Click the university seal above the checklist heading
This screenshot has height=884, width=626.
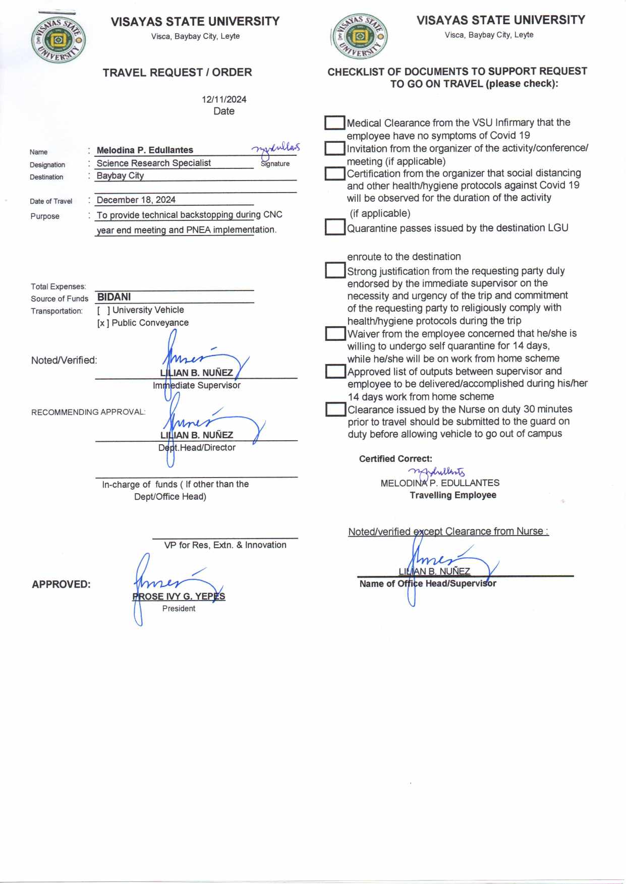tap(359, 37)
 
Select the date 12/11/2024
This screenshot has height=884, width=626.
tap(224, 99)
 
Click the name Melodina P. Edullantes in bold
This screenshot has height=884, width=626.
tap(145, 150)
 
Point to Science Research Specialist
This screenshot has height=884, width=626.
tap(153, 163)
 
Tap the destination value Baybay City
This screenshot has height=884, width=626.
tap(120, 175)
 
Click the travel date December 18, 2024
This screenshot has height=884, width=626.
tap(136, 200)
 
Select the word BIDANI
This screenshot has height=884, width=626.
tap(114, 297)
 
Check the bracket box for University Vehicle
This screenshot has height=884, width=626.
tap(103, 310)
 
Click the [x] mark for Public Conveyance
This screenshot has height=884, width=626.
tap(103, 323)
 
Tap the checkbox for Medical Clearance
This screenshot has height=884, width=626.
tap(334, 123)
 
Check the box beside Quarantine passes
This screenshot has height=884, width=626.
tap(334, 227)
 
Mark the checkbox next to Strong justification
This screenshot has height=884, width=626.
tap(334, 270)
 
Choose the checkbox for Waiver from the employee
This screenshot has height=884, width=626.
tap(334, 334)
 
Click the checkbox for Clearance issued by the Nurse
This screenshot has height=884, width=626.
tap(334, 409)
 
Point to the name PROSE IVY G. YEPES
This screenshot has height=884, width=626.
tap(179, 597)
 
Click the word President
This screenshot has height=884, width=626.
tap(179, 609)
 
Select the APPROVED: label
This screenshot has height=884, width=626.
tap(61, 584)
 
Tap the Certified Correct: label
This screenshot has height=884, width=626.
tap(395, 459)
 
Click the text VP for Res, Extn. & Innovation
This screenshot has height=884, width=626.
tap(225, 545)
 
